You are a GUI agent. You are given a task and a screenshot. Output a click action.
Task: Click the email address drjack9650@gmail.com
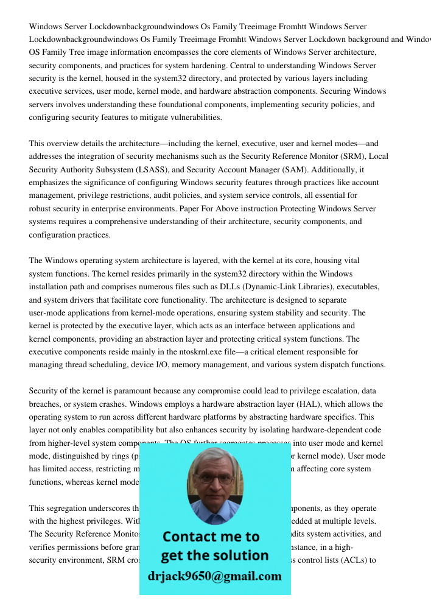coord(214,576)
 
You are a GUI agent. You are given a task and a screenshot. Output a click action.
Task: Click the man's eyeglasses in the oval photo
coord(215,479)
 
